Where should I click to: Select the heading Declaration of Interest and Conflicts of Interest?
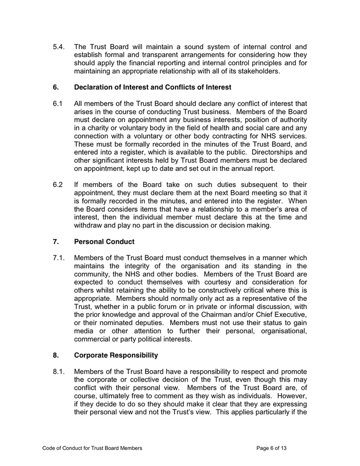(153, 87)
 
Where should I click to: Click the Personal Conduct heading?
(105, 241)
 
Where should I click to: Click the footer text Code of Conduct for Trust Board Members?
(92, 448)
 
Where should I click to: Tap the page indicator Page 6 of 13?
(271, 448)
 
